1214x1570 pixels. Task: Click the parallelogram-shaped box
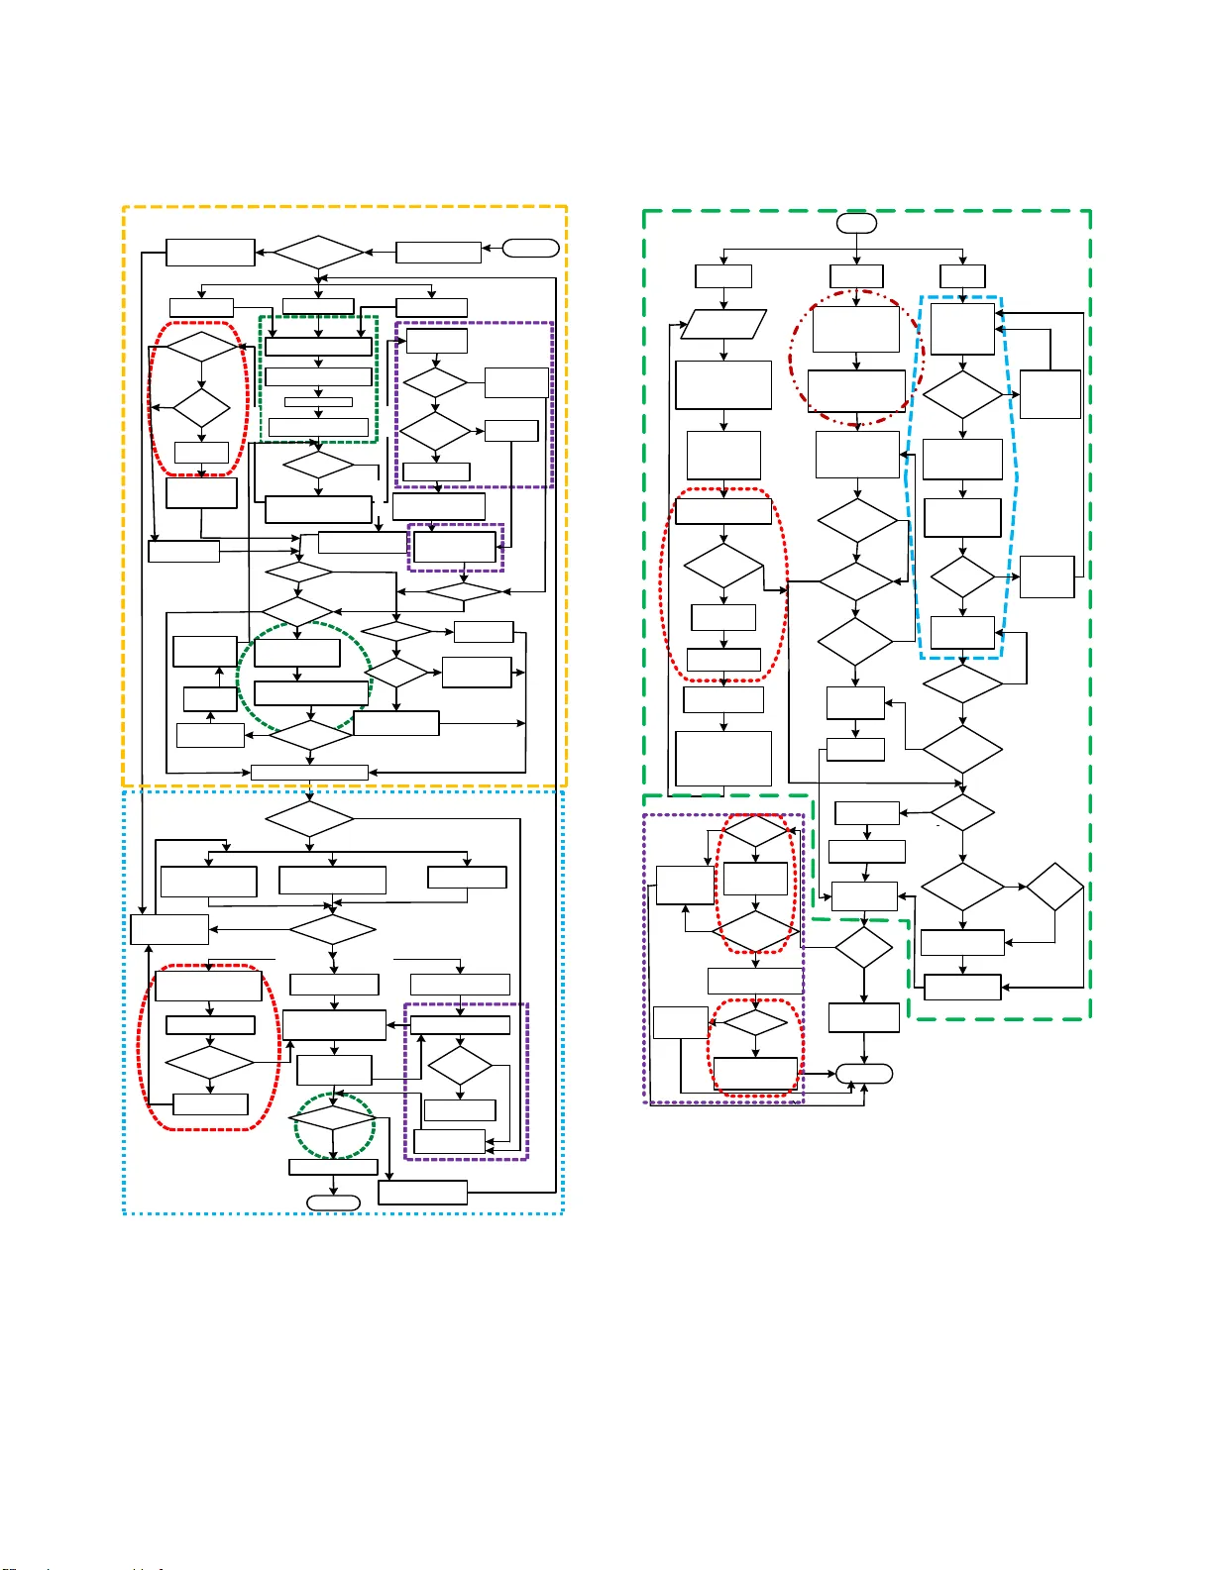click(724, 325)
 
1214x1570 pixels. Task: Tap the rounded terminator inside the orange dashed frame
click(531, 249)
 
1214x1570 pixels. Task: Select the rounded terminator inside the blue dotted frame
click(333, 1203)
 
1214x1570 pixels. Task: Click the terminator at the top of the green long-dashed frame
click(856, 223)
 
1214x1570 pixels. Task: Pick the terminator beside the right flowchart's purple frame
click(864, 1073)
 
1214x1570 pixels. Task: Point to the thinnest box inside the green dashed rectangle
click(318, 402)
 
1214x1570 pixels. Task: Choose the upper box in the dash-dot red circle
click(855, 328)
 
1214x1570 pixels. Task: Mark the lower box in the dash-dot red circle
click(856, 391)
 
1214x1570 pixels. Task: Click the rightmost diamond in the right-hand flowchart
click(1054, 887)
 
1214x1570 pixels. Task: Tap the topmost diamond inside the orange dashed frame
click(318, 253)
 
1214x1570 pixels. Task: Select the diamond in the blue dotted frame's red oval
click(209, 1063)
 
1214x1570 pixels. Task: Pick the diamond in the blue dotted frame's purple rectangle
click(460, 1065)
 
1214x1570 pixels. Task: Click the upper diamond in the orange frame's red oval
click(201, 347)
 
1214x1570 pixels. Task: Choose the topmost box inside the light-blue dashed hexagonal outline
click(962, 329)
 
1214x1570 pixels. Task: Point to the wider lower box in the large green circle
click(311, 693)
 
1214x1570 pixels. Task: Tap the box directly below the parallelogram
click(723, 384)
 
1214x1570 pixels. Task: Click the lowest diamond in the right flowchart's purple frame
click(755, 1022)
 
